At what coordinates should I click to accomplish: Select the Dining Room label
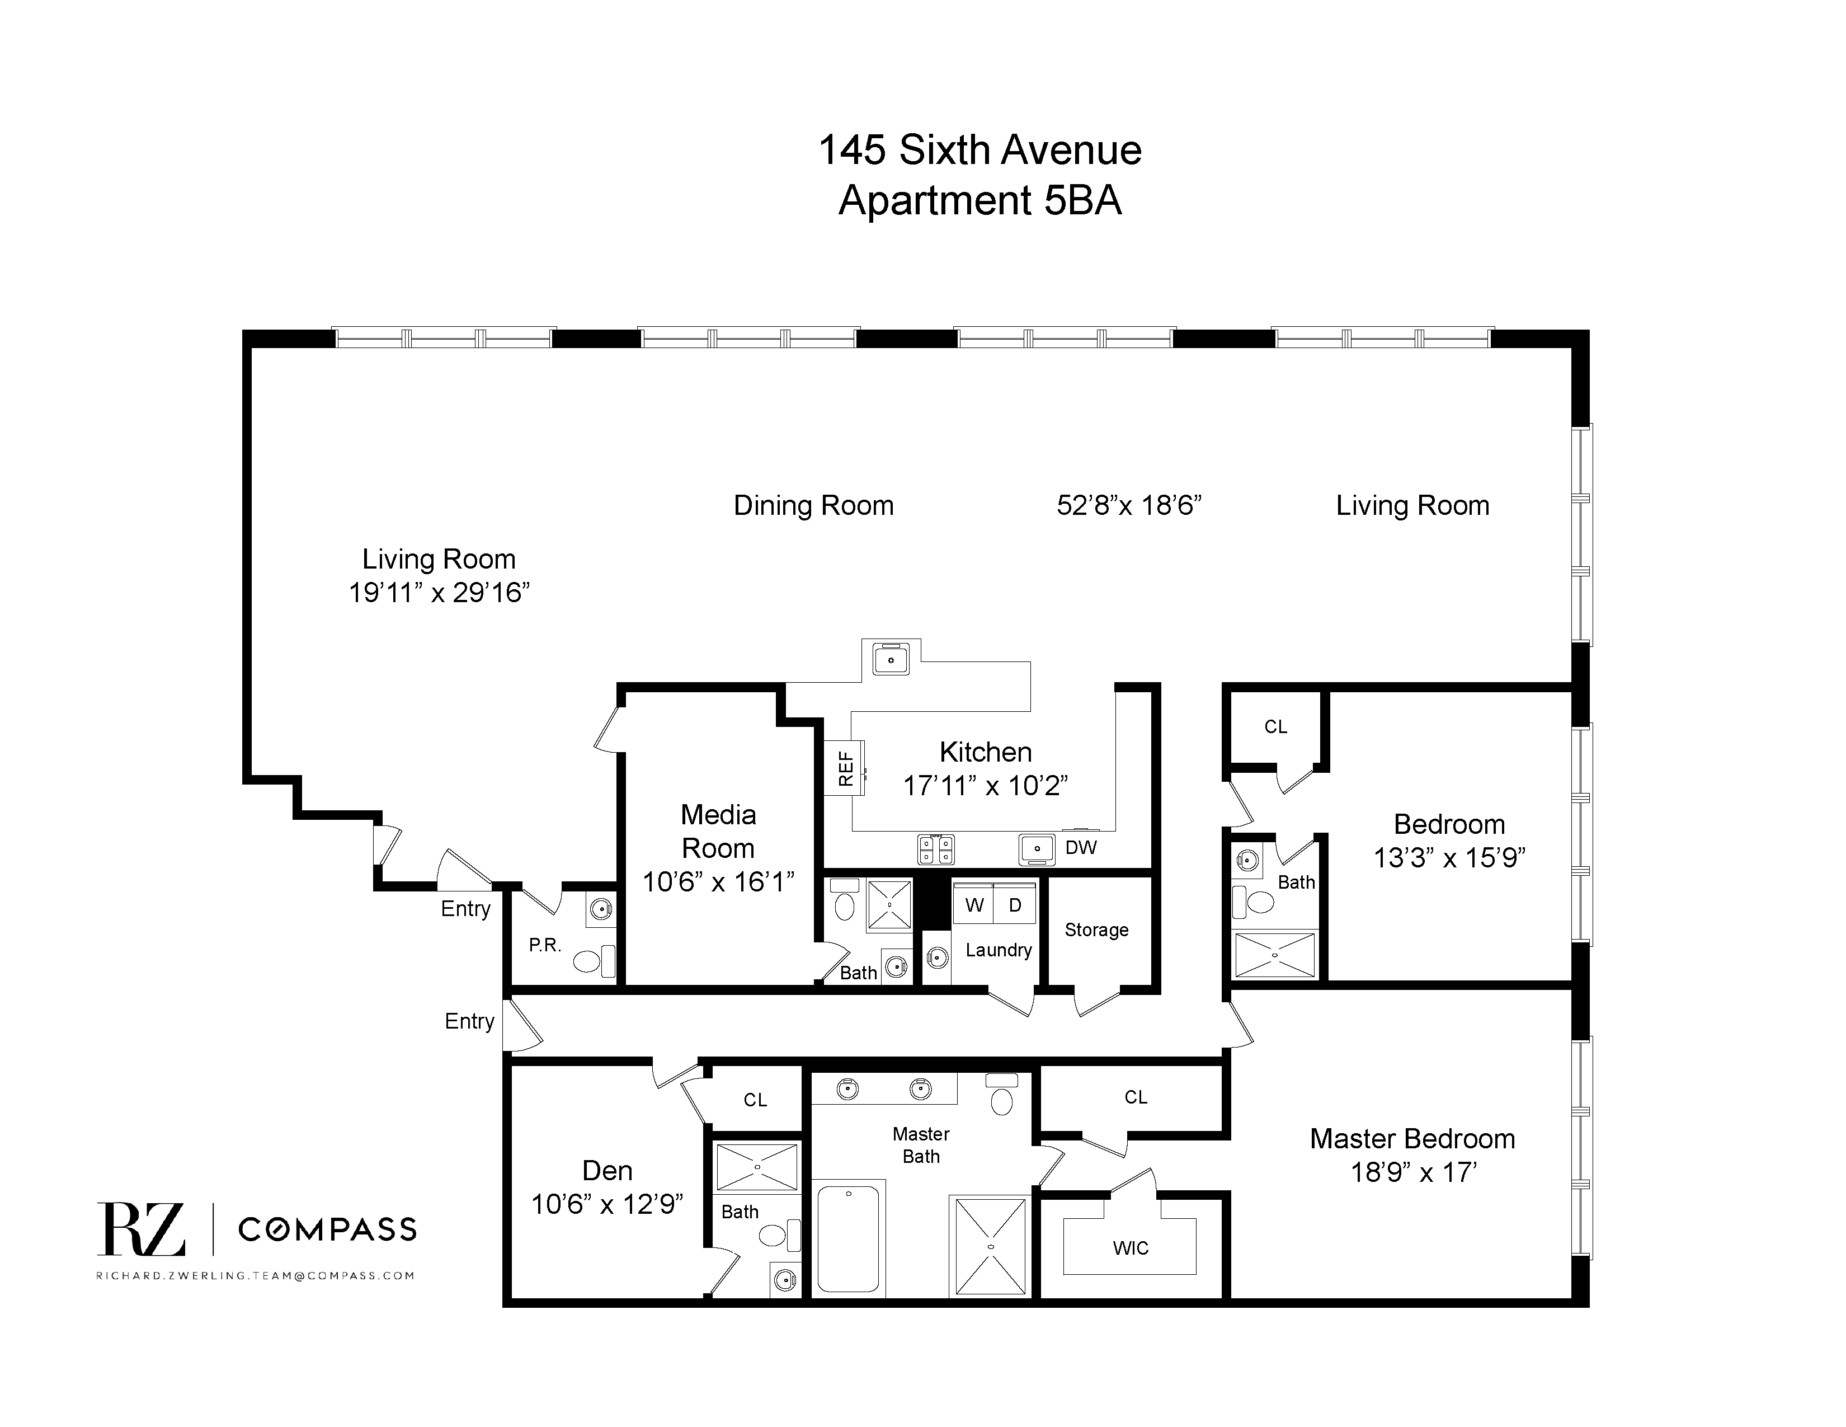[x=813, y=505]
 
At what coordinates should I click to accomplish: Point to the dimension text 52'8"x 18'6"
[x=1129, y=505]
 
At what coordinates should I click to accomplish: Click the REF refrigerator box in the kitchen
[x=844, y=768]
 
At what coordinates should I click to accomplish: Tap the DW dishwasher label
[x=1081, y=848]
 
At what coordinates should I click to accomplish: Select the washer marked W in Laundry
[x=974, y=905]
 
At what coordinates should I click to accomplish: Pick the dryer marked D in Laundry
[x=1015, y=905]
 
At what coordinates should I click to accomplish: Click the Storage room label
[x=1096, y=930]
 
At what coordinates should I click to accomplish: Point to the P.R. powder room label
[x=545, y=945]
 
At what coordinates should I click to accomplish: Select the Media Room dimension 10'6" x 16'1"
[x=718, y=883]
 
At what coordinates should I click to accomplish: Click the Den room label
[x=607, y=1171]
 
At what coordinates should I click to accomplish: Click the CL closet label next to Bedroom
[x=1275, y=727]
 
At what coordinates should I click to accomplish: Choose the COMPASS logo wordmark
[x=327, y=1229]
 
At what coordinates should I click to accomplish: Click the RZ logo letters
[x=140, y=1229]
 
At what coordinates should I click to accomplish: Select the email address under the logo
[x=255, y=1276]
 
